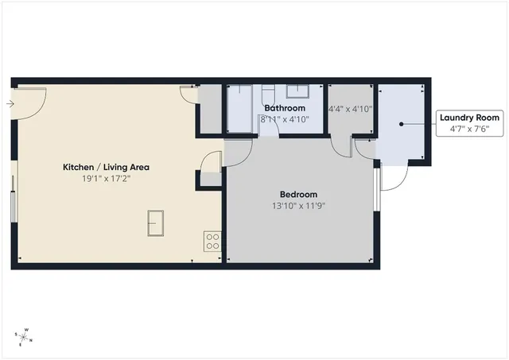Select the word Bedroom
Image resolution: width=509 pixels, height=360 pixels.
point(298,195)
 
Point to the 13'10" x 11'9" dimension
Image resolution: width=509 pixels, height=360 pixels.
point(298,206)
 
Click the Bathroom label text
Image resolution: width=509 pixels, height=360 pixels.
point(284,108)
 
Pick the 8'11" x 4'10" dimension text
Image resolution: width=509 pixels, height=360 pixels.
point(284,119)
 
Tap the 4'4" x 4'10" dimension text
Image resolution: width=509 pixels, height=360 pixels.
point(350,108)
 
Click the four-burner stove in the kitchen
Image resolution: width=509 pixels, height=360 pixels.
point(212,241)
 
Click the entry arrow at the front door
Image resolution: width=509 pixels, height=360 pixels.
point(9,103)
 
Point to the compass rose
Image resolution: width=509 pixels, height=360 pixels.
point(24,336)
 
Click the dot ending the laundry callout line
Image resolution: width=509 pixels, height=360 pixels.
point(402,124)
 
